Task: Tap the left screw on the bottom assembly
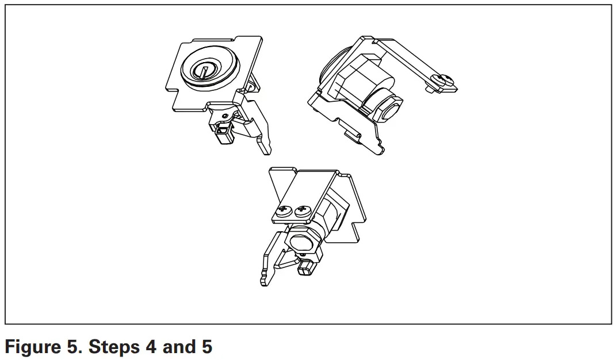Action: click(284, 212)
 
